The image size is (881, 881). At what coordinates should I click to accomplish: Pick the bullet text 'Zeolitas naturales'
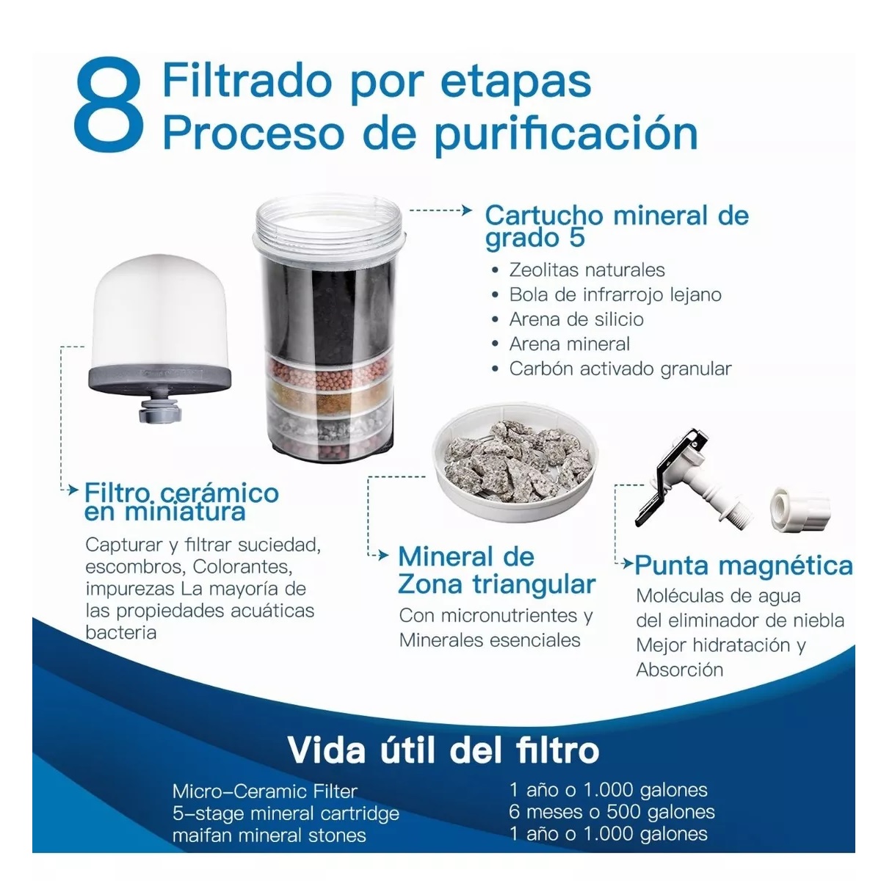coord(587,270)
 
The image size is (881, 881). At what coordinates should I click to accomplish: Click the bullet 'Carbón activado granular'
coord(620,369)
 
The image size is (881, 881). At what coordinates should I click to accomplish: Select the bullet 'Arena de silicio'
coord(576,319)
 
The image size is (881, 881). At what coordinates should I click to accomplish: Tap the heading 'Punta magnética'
coord(743,565)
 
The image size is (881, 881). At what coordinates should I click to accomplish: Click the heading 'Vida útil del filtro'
coord(443,750)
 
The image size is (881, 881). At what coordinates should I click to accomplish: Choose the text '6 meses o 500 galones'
coord(612,812)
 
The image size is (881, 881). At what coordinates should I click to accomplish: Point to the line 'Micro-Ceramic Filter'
coord(265,791)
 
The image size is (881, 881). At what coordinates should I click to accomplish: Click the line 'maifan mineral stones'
coord(269,835)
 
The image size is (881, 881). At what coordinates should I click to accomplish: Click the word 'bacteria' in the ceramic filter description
coord(121,633)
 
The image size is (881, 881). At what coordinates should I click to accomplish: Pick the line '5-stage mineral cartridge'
coord(286,813)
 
